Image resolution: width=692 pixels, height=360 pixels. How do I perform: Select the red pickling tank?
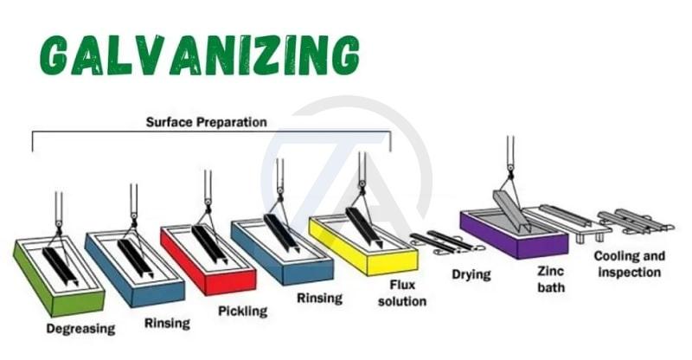208,260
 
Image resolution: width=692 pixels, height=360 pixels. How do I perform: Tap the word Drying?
471,275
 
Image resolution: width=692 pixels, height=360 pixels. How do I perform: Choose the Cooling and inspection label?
629,265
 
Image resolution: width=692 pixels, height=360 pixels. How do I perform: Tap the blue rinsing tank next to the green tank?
134,267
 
